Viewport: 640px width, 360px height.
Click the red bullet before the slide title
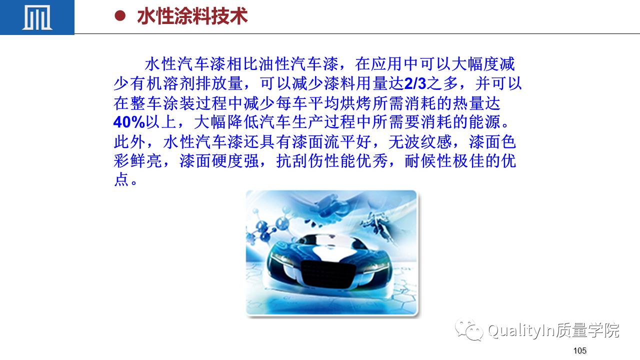pos(120,16)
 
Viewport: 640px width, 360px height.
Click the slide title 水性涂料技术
pos(192,16)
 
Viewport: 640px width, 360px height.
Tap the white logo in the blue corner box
pos(37,17)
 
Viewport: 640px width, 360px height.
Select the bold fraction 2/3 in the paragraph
pos(415,83)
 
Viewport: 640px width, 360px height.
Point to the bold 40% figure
pos(129,122)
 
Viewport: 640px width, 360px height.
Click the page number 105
pos(579,350)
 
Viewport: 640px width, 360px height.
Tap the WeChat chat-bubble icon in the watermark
pos(469,330)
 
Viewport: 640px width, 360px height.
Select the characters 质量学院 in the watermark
pos(587,330)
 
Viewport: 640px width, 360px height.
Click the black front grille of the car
pos(328,273)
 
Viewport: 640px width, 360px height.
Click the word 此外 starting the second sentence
pos(129,142)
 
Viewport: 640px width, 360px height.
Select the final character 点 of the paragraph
pos(121,179)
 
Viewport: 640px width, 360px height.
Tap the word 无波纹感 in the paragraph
pos(420,142)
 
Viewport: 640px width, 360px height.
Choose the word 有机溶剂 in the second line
pos(162,83)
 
